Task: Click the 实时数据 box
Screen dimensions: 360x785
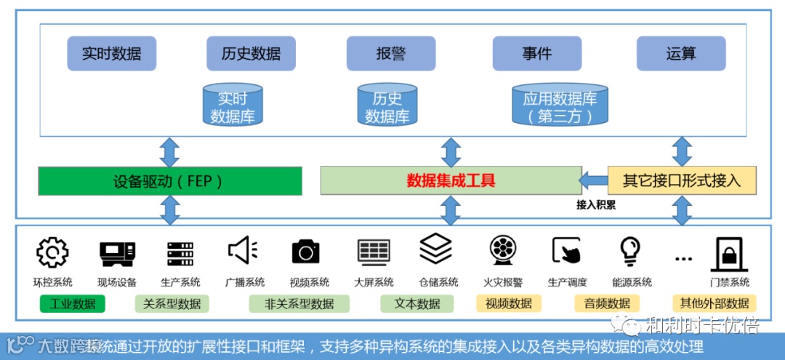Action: click(x=111, y=54)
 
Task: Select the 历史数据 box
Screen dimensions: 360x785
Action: click(x=251, y=54)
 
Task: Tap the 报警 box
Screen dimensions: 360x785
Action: click(x=390, y=54)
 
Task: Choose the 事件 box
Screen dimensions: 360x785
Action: click(x=536, y=54)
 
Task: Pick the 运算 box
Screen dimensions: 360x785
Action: click(x=680, y=54)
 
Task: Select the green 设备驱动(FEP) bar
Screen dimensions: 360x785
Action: click(x=169, y=181)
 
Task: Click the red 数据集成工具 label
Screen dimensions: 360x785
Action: click(x=451, y=180)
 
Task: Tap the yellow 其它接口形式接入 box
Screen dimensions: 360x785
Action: click(x=682, y=180)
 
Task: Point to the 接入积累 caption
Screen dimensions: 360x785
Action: click(x=596, y=205)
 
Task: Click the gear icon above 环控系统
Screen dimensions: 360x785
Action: click(x=52, y=252)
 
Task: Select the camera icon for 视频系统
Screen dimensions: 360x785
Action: click(x=305, y=252)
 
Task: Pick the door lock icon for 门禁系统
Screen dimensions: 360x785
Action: click(x=729, y=254)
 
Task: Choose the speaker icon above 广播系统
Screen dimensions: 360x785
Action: click(x=243, y=251)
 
